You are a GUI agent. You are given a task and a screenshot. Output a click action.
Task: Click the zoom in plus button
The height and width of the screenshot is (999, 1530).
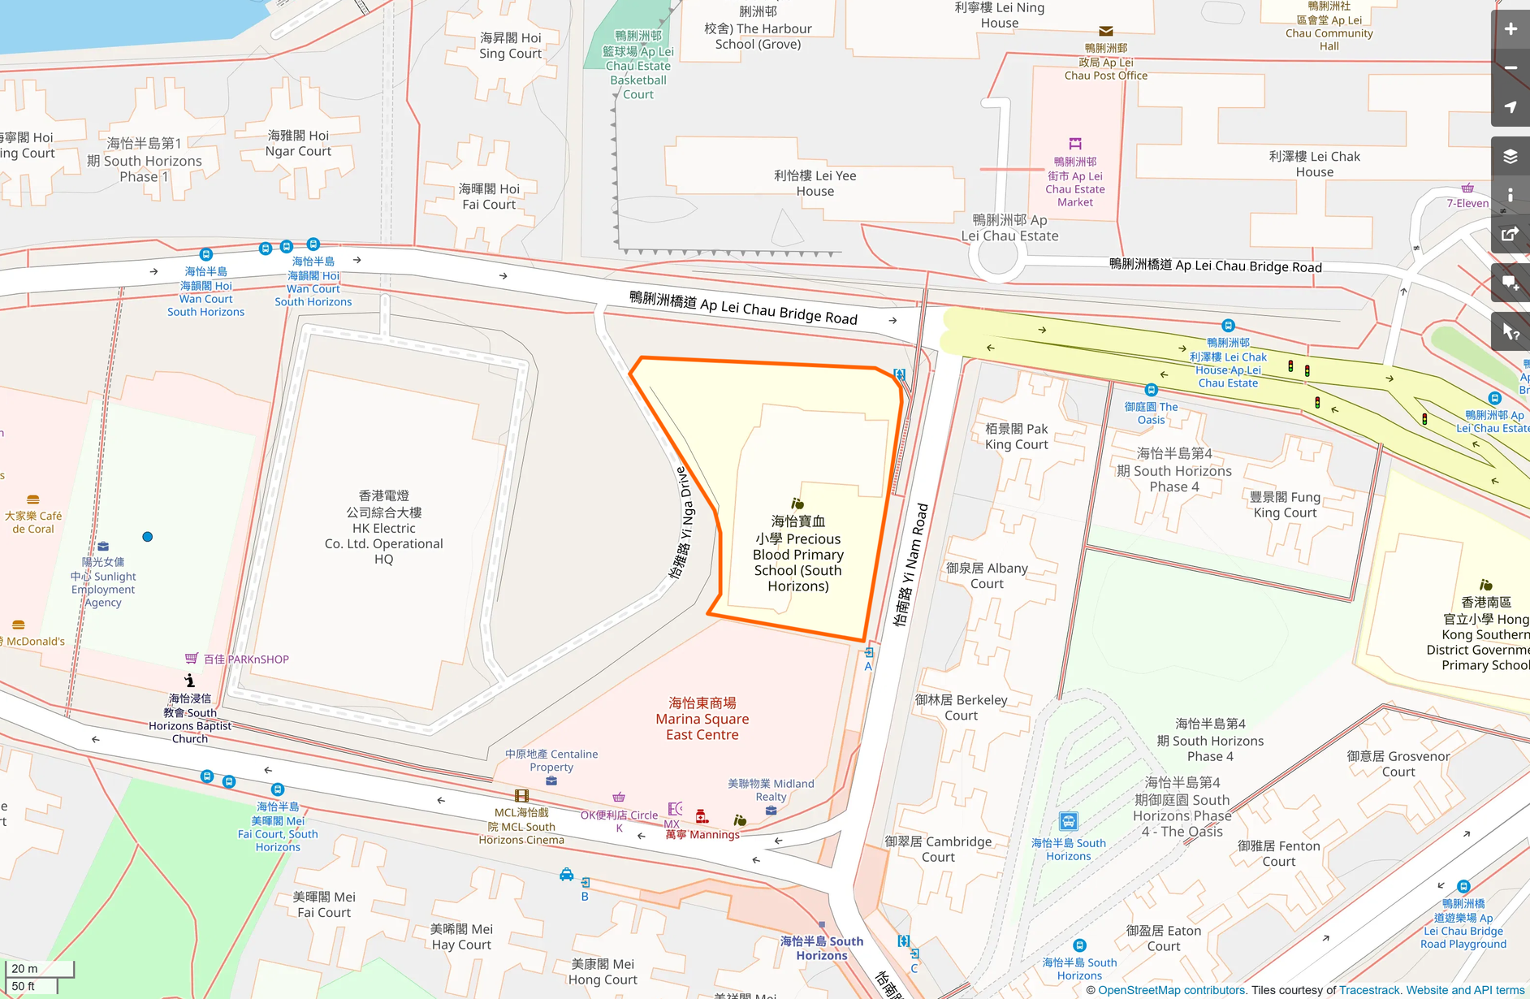pyautogui.click(x=1511, y=29)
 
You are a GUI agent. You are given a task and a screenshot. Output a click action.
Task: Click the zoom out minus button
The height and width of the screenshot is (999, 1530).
pyautogui.click(x=1511, y=68)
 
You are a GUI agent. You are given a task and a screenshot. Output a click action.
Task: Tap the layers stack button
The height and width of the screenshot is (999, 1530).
pyautogui.click(x=1511, y=156)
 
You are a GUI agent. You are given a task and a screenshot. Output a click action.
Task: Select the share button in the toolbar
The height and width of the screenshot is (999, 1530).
pyautogui.click(x=1511, y=235)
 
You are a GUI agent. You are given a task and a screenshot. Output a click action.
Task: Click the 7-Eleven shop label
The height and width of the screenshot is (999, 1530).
pyautogui.click(x=1467, y=203)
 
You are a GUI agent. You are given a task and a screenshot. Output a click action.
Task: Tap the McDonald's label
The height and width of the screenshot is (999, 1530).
pyautogui.click(x=35, y=641)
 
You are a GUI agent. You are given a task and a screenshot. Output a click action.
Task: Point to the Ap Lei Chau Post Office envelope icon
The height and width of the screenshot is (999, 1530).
pyautogui.click(x=1106, y=31)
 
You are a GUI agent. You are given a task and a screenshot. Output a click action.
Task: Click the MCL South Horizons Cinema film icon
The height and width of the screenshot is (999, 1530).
pyautogui.click(x=521, y=796)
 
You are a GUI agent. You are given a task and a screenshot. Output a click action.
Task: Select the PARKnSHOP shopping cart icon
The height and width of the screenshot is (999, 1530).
pyautogui.click(x=192, y=658)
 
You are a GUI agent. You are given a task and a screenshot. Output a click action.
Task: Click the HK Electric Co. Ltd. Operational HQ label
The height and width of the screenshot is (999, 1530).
pyautogui.click(x=384, y=527)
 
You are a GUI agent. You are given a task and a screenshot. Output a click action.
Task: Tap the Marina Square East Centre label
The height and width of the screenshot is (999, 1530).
pyautogui.click(x=702, y=719)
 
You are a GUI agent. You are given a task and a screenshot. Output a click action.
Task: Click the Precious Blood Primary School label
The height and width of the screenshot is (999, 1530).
pyautogui.click(x=798, y=554)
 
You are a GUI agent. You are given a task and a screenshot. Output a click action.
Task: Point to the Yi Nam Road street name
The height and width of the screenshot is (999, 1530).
pyautogui.click(x=910, y=564)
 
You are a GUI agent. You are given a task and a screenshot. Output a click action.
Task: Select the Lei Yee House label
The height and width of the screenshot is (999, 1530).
pyautogui.click(x=815, y=183)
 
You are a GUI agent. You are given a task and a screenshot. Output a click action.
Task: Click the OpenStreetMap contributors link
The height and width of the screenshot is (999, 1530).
pyautogui.click(x=1171, y=990)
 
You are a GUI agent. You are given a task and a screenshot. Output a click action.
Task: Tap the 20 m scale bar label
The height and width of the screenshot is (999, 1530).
pyautogui.click(x=24, y=968)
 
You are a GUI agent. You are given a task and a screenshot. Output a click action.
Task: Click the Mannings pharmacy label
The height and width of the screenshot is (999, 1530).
pyautogui.click(x=703, y=834)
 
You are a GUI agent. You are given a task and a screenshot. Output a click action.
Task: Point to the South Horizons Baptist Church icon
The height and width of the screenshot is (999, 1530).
pyautogui.click(x=189, y=680)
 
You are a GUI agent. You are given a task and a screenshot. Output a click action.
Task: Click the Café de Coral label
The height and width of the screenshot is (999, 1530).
pyautogui.click(x=33, y=521)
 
